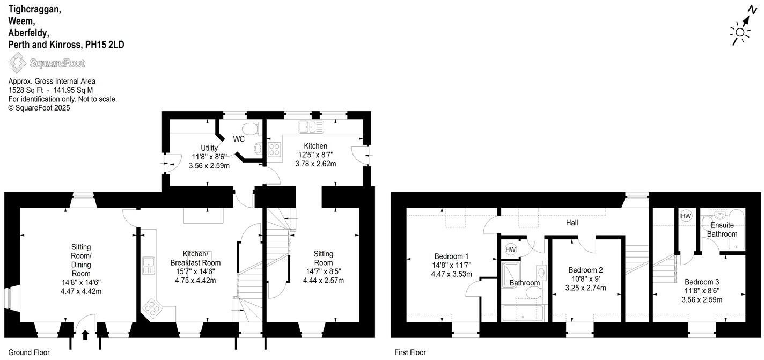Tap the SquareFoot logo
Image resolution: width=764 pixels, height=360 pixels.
coord(47,63)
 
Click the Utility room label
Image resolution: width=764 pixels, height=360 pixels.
coord(209,148)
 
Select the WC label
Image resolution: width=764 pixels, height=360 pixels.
coord(239,139)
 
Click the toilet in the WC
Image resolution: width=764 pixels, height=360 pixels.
coord(251,128)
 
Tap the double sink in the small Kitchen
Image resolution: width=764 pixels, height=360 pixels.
coord(312,127)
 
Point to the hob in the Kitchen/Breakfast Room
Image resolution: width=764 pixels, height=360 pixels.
coord(152,308)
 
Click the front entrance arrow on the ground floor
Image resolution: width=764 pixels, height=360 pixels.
coord(85,335)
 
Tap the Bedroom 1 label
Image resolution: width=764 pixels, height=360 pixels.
coord(451,256)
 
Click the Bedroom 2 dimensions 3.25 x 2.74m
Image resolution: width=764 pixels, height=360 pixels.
coord(585,288)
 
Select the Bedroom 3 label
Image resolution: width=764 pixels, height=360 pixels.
coord(702,282)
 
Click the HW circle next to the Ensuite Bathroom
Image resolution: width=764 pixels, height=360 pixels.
coord(686,216)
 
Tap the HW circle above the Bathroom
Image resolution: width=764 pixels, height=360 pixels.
coord(510,249)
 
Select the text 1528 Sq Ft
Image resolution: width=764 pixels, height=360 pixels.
coord(26,90)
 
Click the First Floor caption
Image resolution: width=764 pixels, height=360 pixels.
coord(410,352)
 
